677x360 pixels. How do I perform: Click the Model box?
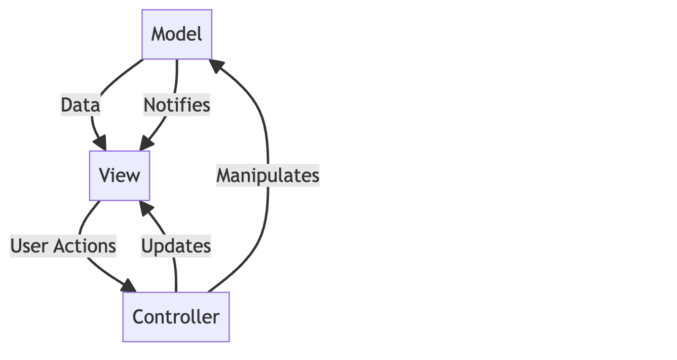pyautogui.click(x=177, y=34)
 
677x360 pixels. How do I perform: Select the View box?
pyautogui.click(x=120, y=175)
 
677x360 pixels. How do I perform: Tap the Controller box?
pyautogui.click(x=176, y=317)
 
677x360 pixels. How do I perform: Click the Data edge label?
pyautogui.click(x=80, y=105)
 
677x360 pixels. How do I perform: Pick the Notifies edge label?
pyautogui.click(x=176, y=105)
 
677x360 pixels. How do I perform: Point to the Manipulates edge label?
pyautogui.click(x=268, y=175)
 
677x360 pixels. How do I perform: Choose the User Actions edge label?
pyautogui.click(x=63, y=246)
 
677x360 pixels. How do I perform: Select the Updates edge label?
pyautogui.click(x=176, y=246)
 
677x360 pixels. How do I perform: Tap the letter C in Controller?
pyautogui.click(x=138, y=317)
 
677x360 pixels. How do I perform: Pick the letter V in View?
pyautogui.click(x=104, y=175)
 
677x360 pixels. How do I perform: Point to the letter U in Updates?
pyautogui.click(x=147, y=246)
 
